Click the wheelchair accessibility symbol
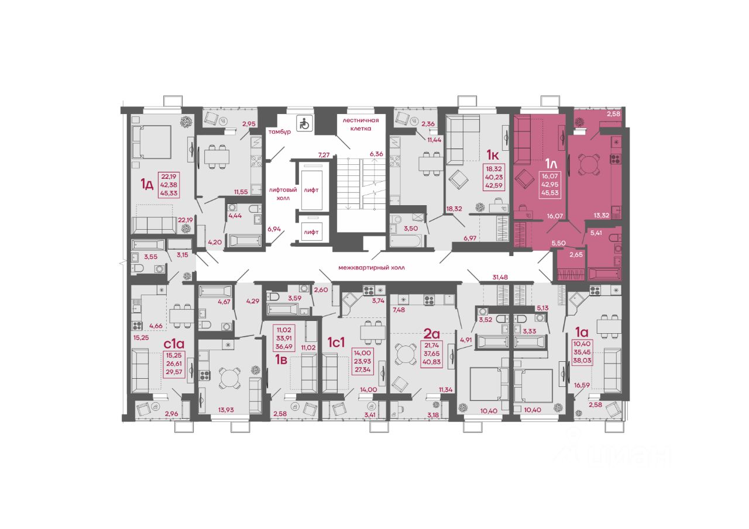point(304,123)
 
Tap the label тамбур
point(280,132)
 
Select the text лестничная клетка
point(360,125)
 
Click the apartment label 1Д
point(147,184)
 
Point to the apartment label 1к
point(493,155)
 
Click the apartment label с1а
point(174,343)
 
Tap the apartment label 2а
point(431,333)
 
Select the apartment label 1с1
point(336,343)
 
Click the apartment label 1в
point(281,359)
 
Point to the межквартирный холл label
point(371,268)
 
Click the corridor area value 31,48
point(500,277)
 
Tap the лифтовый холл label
point(283,193)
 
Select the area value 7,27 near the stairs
point(324,155)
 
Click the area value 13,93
point(226,410)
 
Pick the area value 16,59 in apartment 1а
point(582,385)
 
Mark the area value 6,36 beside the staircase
point(376,154)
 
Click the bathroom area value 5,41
point(596,233)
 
